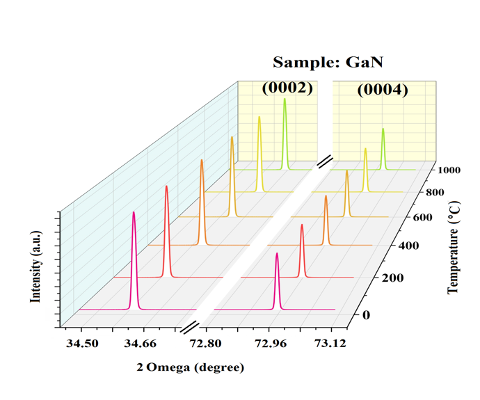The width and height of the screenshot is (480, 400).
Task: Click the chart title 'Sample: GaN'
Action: point(328,63)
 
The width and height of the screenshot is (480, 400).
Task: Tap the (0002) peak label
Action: point(287,88)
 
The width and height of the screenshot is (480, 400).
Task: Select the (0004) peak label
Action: point(383,90)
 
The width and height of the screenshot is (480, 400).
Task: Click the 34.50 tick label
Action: point(81,343)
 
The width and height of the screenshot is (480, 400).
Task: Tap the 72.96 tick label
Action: point(271,343)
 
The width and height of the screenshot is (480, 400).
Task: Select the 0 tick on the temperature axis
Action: point(367,315)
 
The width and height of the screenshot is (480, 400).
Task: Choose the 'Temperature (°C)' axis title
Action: point(454,248)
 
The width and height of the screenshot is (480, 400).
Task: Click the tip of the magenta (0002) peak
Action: point(134,212)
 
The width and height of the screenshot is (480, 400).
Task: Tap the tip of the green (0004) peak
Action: point(383,129)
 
